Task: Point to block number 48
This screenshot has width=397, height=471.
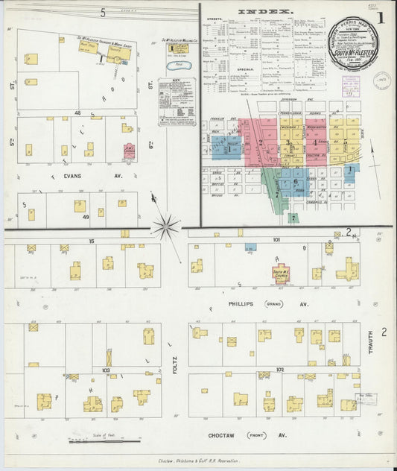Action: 77,113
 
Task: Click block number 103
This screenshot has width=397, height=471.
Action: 107,369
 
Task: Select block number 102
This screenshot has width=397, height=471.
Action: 280,369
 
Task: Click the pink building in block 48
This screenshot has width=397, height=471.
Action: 128,151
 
